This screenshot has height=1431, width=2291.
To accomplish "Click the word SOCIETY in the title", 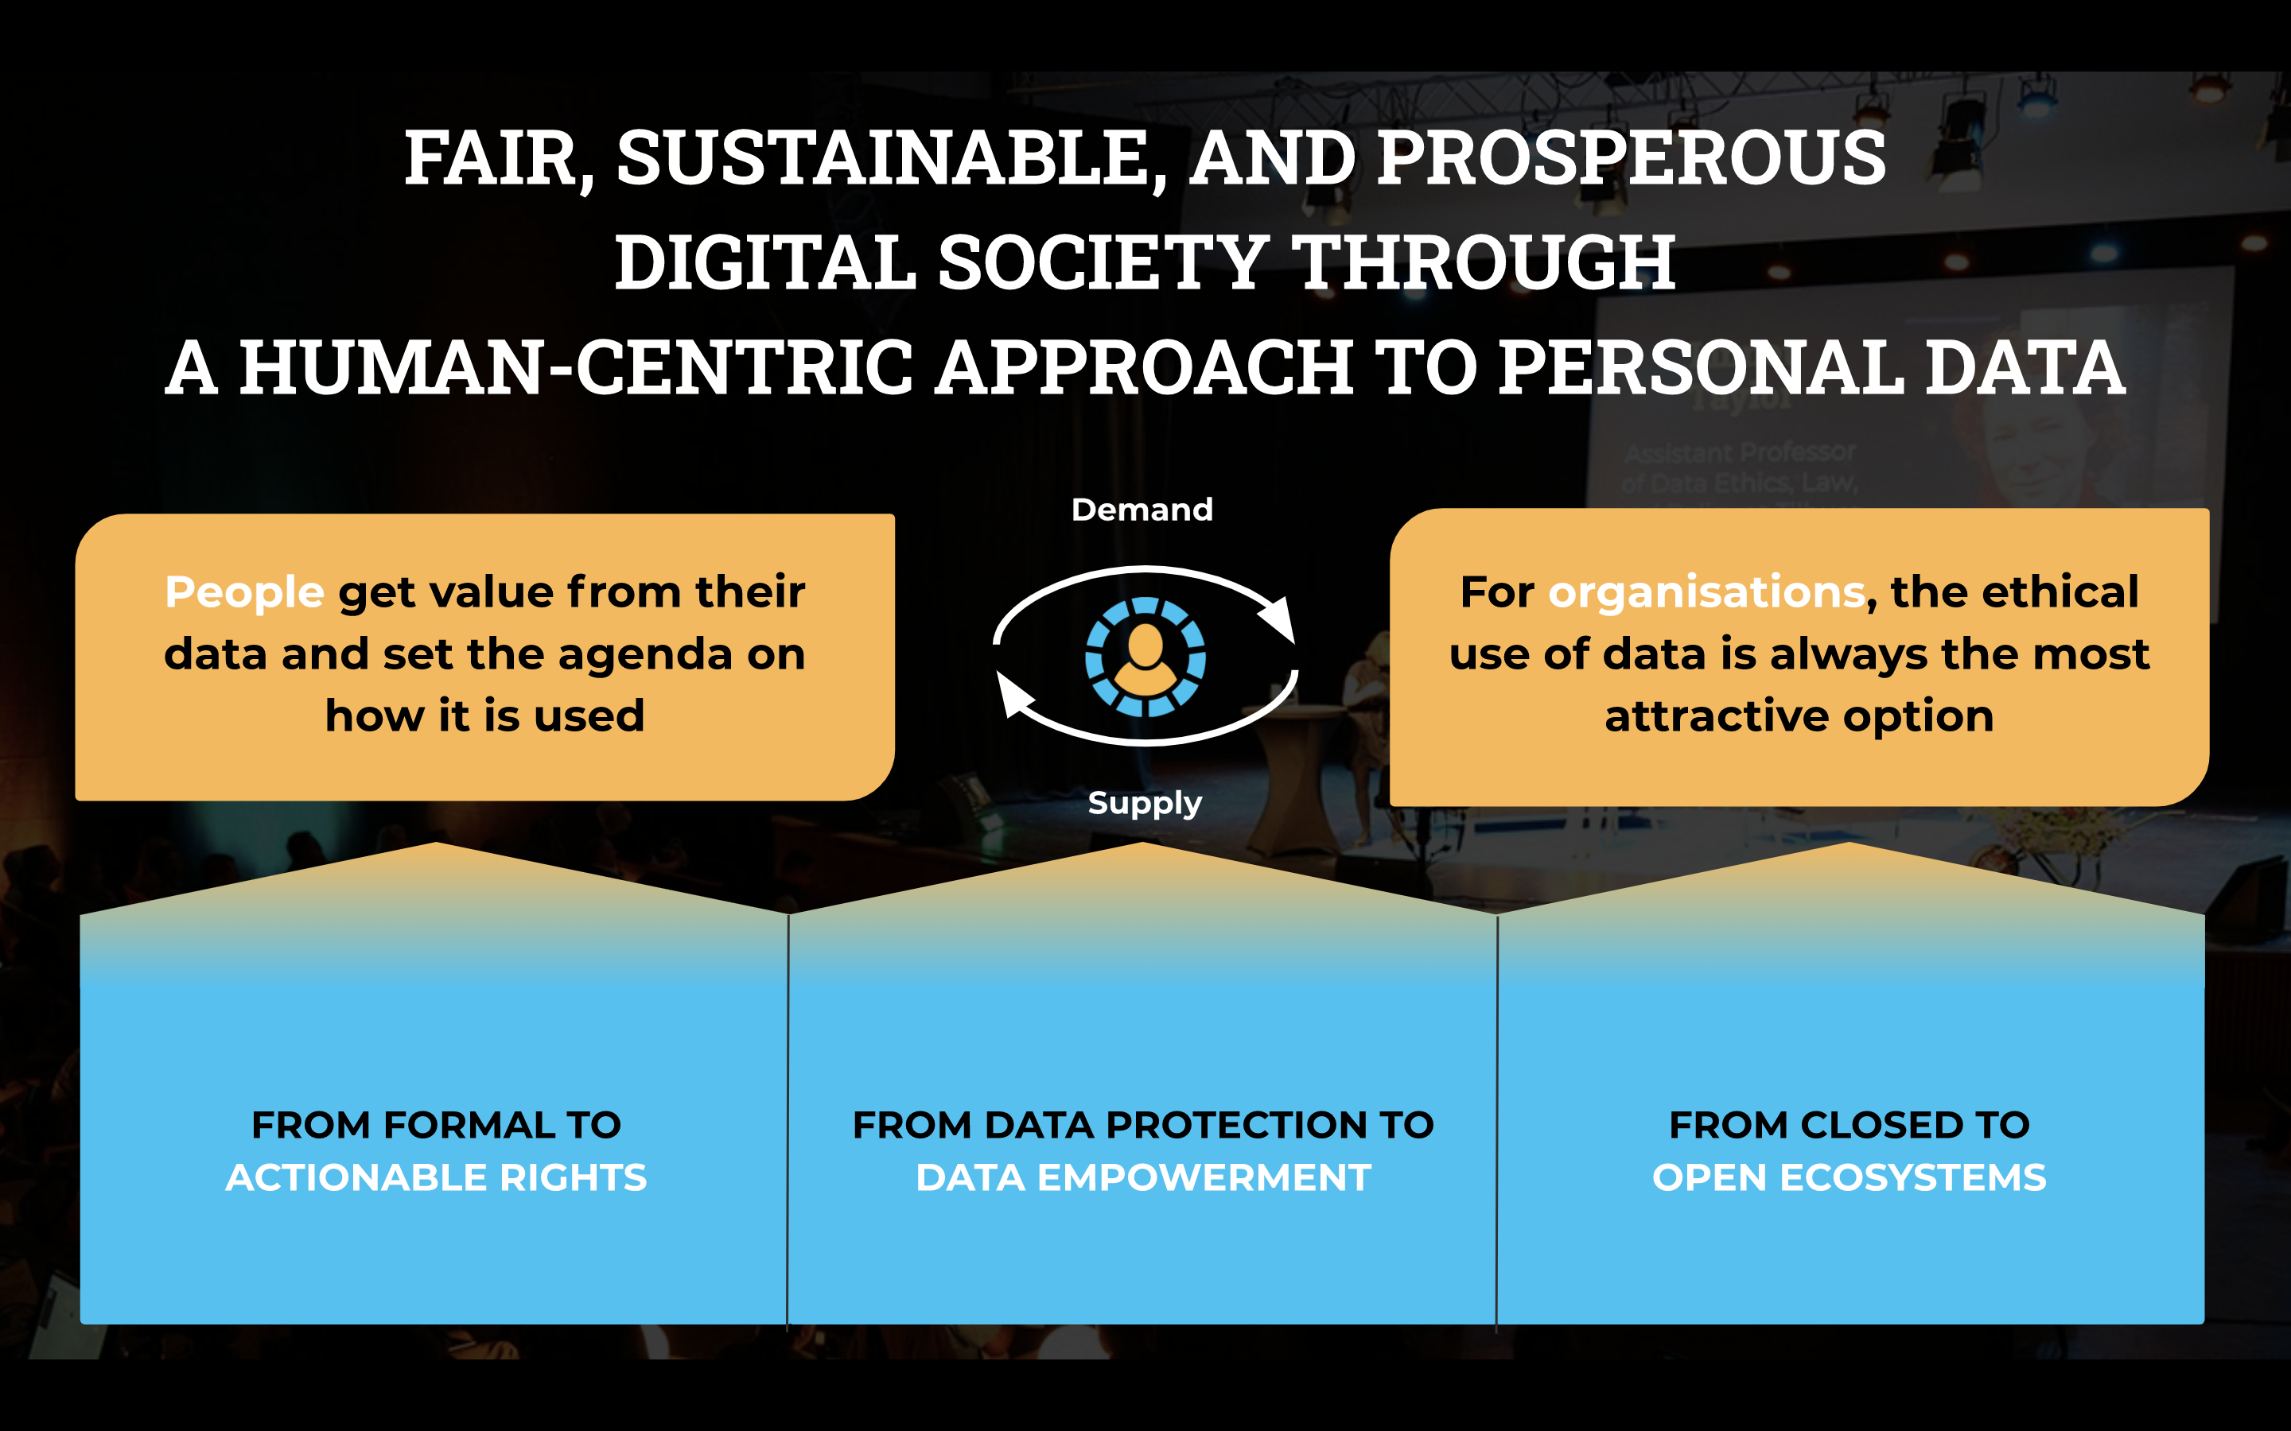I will pyautogui.click(x=1103, y=263).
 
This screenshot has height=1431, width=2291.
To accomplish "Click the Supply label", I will pyautogui.click(x=1145, y=803).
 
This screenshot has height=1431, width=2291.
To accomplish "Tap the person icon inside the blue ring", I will pyautogui.click(x=1145, y=657).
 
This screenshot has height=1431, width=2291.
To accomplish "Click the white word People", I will pyautogui.click(x=244, y=592).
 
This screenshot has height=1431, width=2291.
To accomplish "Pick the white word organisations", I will pyautogui.click(x=1706, y=592).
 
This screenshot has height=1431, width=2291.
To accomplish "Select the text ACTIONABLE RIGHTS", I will pyautogui.click(x=437, y=1177).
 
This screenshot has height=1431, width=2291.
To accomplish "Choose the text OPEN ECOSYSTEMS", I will pyautogui.click(x=1849, y=1177).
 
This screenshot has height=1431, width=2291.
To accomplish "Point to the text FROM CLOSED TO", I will pyautogui.click(x=1849, y=1124).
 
